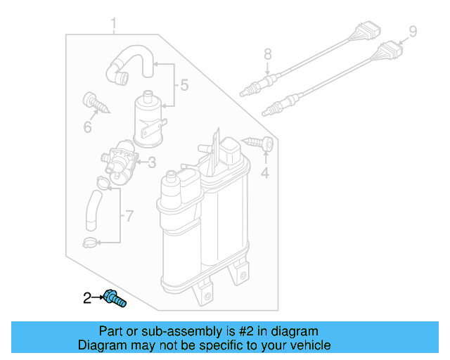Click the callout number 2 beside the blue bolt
pyautogui.click(x=87, y=298)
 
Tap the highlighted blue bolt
pyautogui.click(x=115, y=299)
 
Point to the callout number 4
pyautogui.click(x=265, y=172)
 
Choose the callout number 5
pyautogui.click(x=184, y=86)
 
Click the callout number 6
pyautogui.click(x=88, y=127)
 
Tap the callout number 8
pyautogui.click(x=267, y=53)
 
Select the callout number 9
pyautogui.click(x=413, y=31)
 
